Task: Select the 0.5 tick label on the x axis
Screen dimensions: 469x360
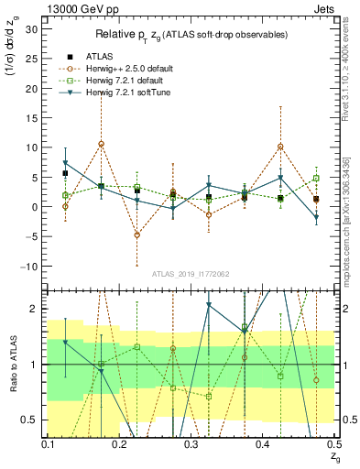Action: pyautogui.click(x=333, y=444)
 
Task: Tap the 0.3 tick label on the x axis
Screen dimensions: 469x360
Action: pyautogui.click(x=191, y=444)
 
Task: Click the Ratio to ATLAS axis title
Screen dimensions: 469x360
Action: pyautogui.click(x=13, y=363)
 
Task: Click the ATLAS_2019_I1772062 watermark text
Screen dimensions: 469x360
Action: pyautogui.click(x=191, y=273)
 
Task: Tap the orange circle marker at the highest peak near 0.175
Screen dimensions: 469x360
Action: pyautogui.click(x=101, y=144)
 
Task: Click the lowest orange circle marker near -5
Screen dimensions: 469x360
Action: pyautogui.click(x=136, y=235)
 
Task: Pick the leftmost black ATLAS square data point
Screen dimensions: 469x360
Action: pyautogui.click(x=65, y=173)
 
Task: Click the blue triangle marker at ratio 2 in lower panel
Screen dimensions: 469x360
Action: pyautogui.click(x=209, y=305)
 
